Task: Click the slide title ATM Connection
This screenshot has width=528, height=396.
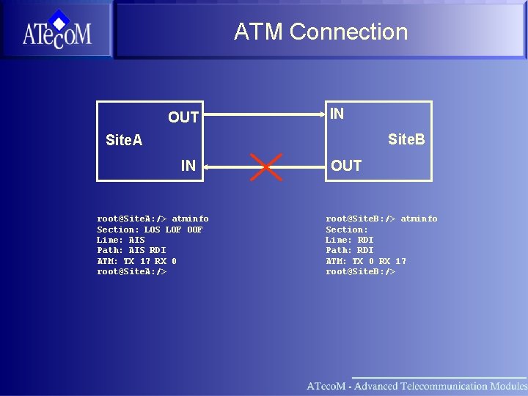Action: [320, 32]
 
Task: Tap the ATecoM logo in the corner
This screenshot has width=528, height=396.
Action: [56, 30]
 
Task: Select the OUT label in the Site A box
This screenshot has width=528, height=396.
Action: [183, 117]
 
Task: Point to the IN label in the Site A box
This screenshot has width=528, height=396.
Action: [188, 166]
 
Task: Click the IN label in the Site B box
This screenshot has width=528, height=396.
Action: [337, 114]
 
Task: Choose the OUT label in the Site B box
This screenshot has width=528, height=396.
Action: [346, 166]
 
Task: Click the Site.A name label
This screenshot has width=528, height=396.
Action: [124, 139]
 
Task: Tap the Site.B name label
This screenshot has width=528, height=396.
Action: [406, 139]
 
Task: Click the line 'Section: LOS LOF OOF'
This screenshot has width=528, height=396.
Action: [150, 230]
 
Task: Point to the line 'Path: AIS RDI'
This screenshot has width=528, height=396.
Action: [131, 250]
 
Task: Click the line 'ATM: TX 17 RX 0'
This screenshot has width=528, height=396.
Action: [136, 261]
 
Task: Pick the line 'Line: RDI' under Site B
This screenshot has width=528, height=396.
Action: [349, 240]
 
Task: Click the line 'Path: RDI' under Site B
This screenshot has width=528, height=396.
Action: [349, 250]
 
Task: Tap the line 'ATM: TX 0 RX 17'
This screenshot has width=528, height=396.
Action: [365, 261]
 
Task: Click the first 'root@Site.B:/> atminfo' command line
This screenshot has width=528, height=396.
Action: [381, 219]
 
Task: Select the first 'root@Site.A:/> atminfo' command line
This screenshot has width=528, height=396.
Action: [153, 219]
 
